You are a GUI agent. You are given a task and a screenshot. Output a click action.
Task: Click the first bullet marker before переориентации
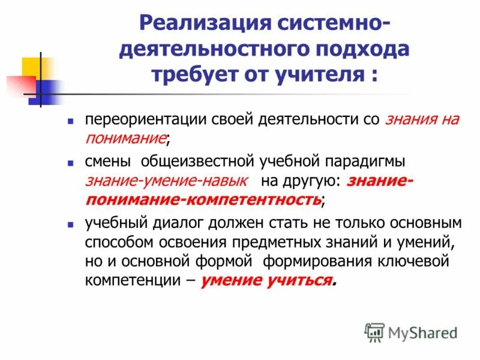coord(70,121)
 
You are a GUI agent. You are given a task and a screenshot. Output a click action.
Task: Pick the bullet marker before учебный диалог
coord(70,224)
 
